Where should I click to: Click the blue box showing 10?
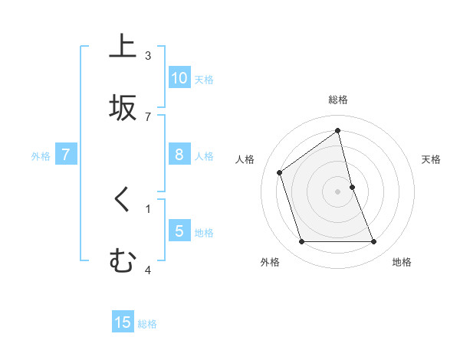click(x=179, y=77)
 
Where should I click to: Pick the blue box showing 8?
click(x=179, y=155)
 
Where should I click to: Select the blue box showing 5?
click(x=179, y=231)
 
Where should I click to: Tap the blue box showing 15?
click(x=123, y=322)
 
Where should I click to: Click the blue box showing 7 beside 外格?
click(x=66, y=155)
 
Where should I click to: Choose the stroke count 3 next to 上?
click(x=148, y=56)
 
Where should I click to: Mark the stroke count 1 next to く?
click(x=148, y=208)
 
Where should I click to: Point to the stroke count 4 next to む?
click(x=148, y=270)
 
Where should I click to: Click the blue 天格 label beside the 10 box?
click(x=204, y=79)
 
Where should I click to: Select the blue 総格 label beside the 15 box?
click(x=147, y=324)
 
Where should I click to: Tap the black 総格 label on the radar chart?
click(x=338, y=100)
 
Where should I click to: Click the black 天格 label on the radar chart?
click(x=431, y=159)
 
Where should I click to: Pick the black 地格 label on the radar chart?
click(x=402, y=262)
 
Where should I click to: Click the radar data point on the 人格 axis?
click(x=280, y=172)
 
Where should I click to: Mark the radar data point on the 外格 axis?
click(x=301, y=242)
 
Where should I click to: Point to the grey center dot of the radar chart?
click(x=338, y=191)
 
